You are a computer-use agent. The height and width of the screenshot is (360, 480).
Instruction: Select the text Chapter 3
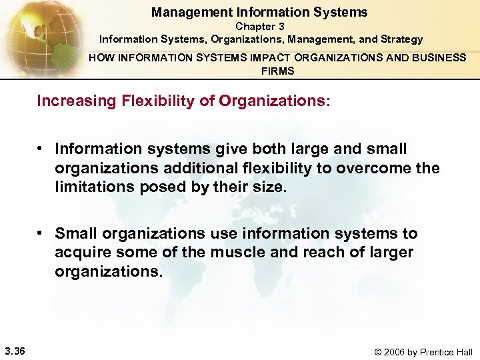(259, 26)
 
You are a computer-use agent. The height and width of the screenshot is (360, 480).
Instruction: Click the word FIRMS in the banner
(277, 71)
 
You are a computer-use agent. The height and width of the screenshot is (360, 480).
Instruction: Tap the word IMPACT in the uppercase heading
(244, 57)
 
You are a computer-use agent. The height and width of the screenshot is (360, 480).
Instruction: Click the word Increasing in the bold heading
(73, 101)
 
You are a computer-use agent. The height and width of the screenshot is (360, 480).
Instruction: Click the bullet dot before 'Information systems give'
(41, 148)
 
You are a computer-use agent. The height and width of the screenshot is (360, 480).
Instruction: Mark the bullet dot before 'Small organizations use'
(41, 233)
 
